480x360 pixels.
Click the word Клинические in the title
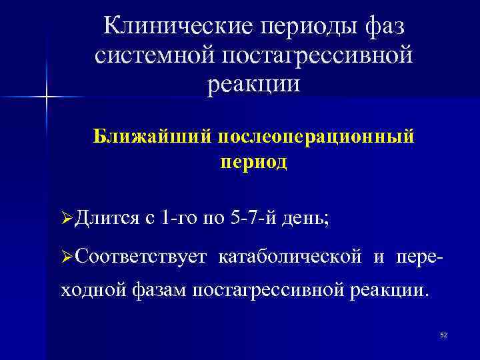[175, 27]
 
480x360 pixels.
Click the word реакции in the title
[254, 85]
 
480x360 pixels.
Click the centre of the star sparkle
[46, 98]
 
